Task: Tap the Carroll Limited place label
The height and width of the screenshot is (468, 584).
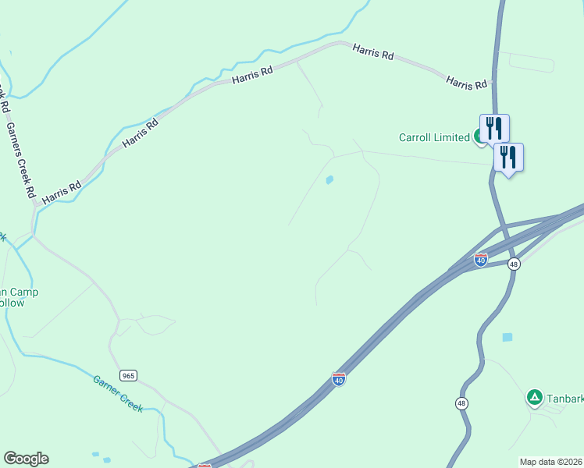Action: (x=434, y=137)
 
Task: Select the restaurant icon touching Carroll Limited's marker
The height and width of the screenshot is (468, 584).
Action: (x=494, y=128)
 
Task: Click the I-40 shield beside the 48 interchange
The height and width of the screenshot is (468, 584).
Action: (x=481, y=259)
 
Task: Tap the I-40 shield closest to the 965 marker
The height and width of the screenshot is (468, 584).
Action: (x=339, y=378)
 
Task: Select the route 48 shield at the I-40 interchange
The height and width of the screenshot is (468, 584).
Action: (x=513, y=264)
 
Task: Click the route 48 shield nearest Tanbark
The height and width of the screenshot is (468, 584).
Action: (x=462, y=402)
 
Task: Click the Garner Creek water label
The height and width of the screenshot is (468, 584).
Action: (x=118, y=393)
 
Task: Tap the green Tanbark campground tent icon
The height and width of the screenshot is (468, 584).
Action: (x=534, y=398)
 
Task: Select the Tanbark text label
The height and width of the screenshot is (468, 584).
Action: (x=565, y=399)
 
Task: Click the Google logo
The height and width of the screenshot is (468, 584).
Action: (x=26, y=459)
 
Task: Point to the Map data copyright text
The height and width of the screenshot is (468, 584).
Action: (x=551, y=461)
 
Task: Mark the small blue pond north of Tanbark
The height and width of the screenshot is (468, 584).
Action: (x=507, y=337)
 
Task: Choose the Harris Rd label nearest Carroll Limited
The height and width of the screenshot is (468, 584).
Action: (x=466, y=81)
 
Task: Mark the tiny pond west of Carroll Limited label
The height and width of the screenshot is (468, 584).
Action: (x=329, y=180)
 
